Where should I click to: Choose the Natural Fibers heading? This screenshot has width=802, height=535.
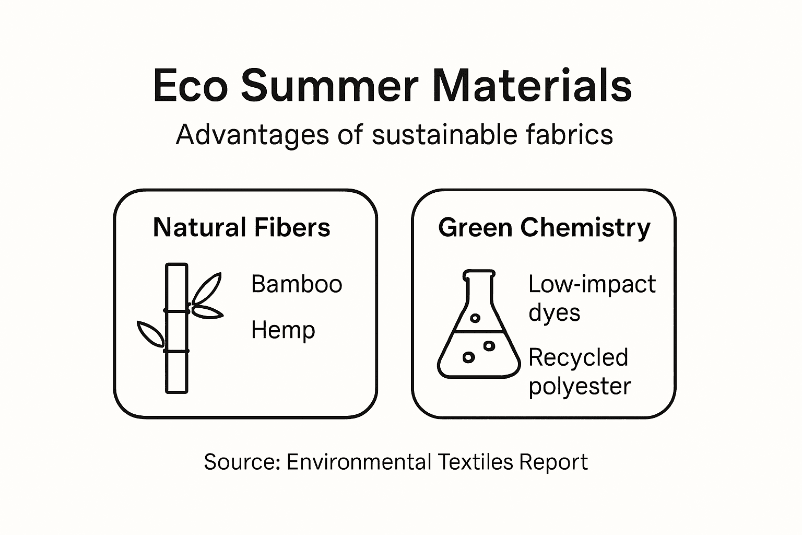point(242,228)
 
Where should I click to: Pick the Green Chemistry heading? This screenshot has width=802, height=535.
point(544,228)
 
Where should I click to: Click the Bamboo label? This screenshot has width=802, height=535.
point(297,284)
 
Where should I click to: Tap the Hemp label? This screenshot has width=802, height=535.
point(283,330)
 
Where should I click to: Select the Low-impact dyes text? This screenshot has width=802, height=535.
point(592,298)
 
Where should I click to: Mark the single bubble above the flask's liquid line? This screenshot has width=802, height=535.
point(475,318)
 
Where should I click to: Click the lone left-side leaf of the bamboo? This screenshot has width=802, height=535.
point(150,334)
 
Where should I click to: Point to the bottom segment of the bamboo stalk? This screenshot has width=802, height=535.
point(176,372)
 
